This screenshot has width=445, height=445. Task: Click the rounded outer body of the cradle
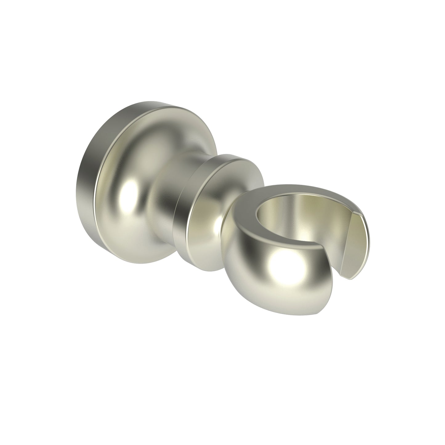point(262,277)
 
